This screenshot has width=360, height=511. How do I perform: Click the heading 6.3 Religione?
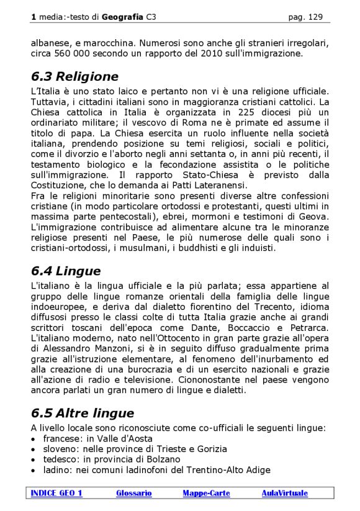point(74,77)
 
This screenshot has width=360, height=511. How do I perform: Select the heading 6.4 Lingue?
point(65,271)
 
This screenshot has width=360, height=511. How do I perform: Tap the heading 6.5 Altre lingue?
point(82,414)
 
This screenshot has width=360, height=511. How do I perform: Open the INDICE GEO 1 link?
point(56,493)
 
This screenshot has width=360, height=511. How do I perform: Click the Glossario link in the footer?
point(133,493)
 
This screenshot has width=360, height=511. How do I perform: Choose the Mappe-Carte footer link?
point(206,493)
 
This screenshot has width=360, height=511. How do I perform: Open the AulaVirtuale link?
point(284,493)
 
